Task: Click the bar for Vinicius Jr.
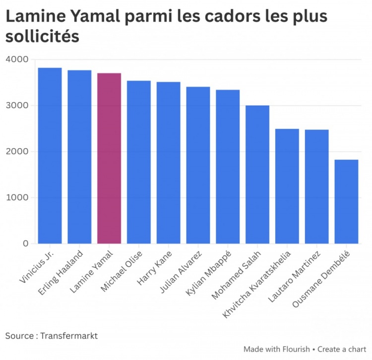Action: point(50,156)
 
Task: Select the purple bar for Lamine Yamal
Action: point(109,158)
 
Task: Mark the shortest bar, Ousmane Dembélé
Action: point(346,202)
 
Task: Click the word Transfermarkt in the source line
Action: point(69,336)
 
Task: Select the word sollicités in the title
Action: point(42,36)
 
